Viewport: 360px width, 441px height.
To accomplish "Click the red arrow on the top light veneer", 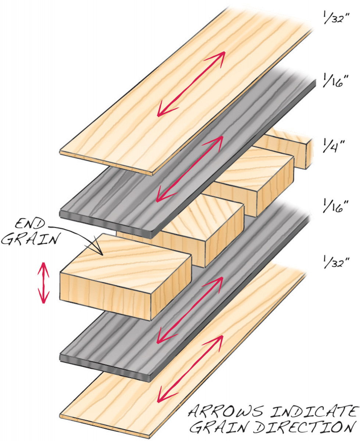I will tap(191, 84).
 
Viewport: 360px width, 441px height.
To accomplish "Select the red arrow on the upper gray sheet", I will tap(190, 169).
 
